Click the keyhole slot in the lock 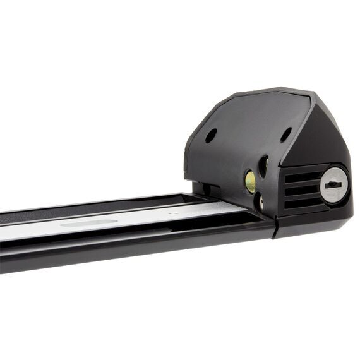pos(334,185)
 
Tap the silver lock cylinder pos(333,185)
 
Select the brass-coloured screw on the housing pos(250,182)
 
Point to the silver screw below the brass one pos(260,201)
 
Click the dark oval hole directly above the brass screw pos(263,165)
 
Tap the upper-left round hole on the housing pos(211,135)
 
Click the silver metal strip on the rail pos(126,222)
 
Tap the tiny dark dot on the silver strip pos(170,213)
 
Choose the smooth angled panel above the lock pos(328,136)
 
